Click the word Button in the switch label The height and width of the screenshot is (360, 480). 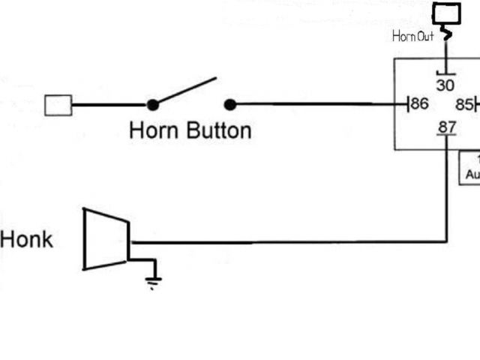pos(218,130)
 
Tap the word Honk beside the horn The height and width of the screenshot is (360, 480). pos(27,240)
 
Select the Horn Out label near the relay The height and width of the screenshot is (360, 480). pos(412,36)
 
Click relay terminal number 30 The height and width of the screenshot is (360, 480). pos(445,85)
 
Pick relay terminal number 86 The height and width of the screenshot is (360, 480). pos(420,103)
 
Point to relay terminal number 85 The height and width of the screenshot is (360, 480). pos(464,103)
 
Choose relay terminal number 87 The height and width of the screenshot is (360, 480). pos(447,127)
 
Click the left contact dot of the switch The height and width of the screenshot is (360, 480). pos(153,105)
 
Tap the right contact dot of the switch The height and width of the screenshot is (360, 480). pos(230,105)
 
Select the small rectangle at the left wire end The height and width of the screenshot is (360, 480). pos(58,105)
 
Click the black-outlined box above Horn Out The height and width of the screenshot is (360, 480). pos(447,13)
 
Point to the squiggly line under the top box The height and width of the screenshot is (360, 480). pos(447,33)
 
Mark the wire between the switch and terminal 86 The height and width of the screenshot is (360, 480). pos(315,105)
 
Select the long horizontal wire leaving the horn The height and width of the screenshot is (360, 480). pos(285,242)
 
